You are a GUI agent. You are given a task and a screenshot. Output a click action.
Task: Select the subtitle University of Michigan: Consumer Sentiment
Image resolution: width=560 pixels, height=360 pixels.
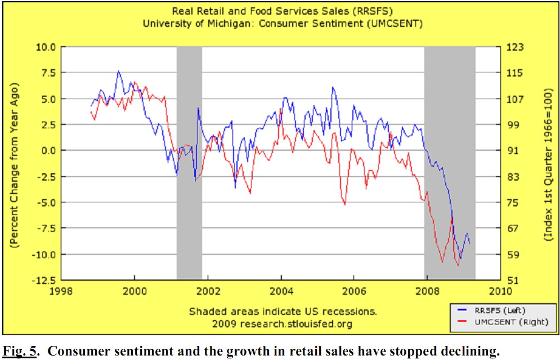click(x=282, y=23)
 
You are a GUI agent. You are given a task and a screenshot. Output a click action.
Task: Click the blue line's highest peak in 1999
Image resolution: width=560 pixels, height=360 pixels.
click(x=118, y=71)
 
